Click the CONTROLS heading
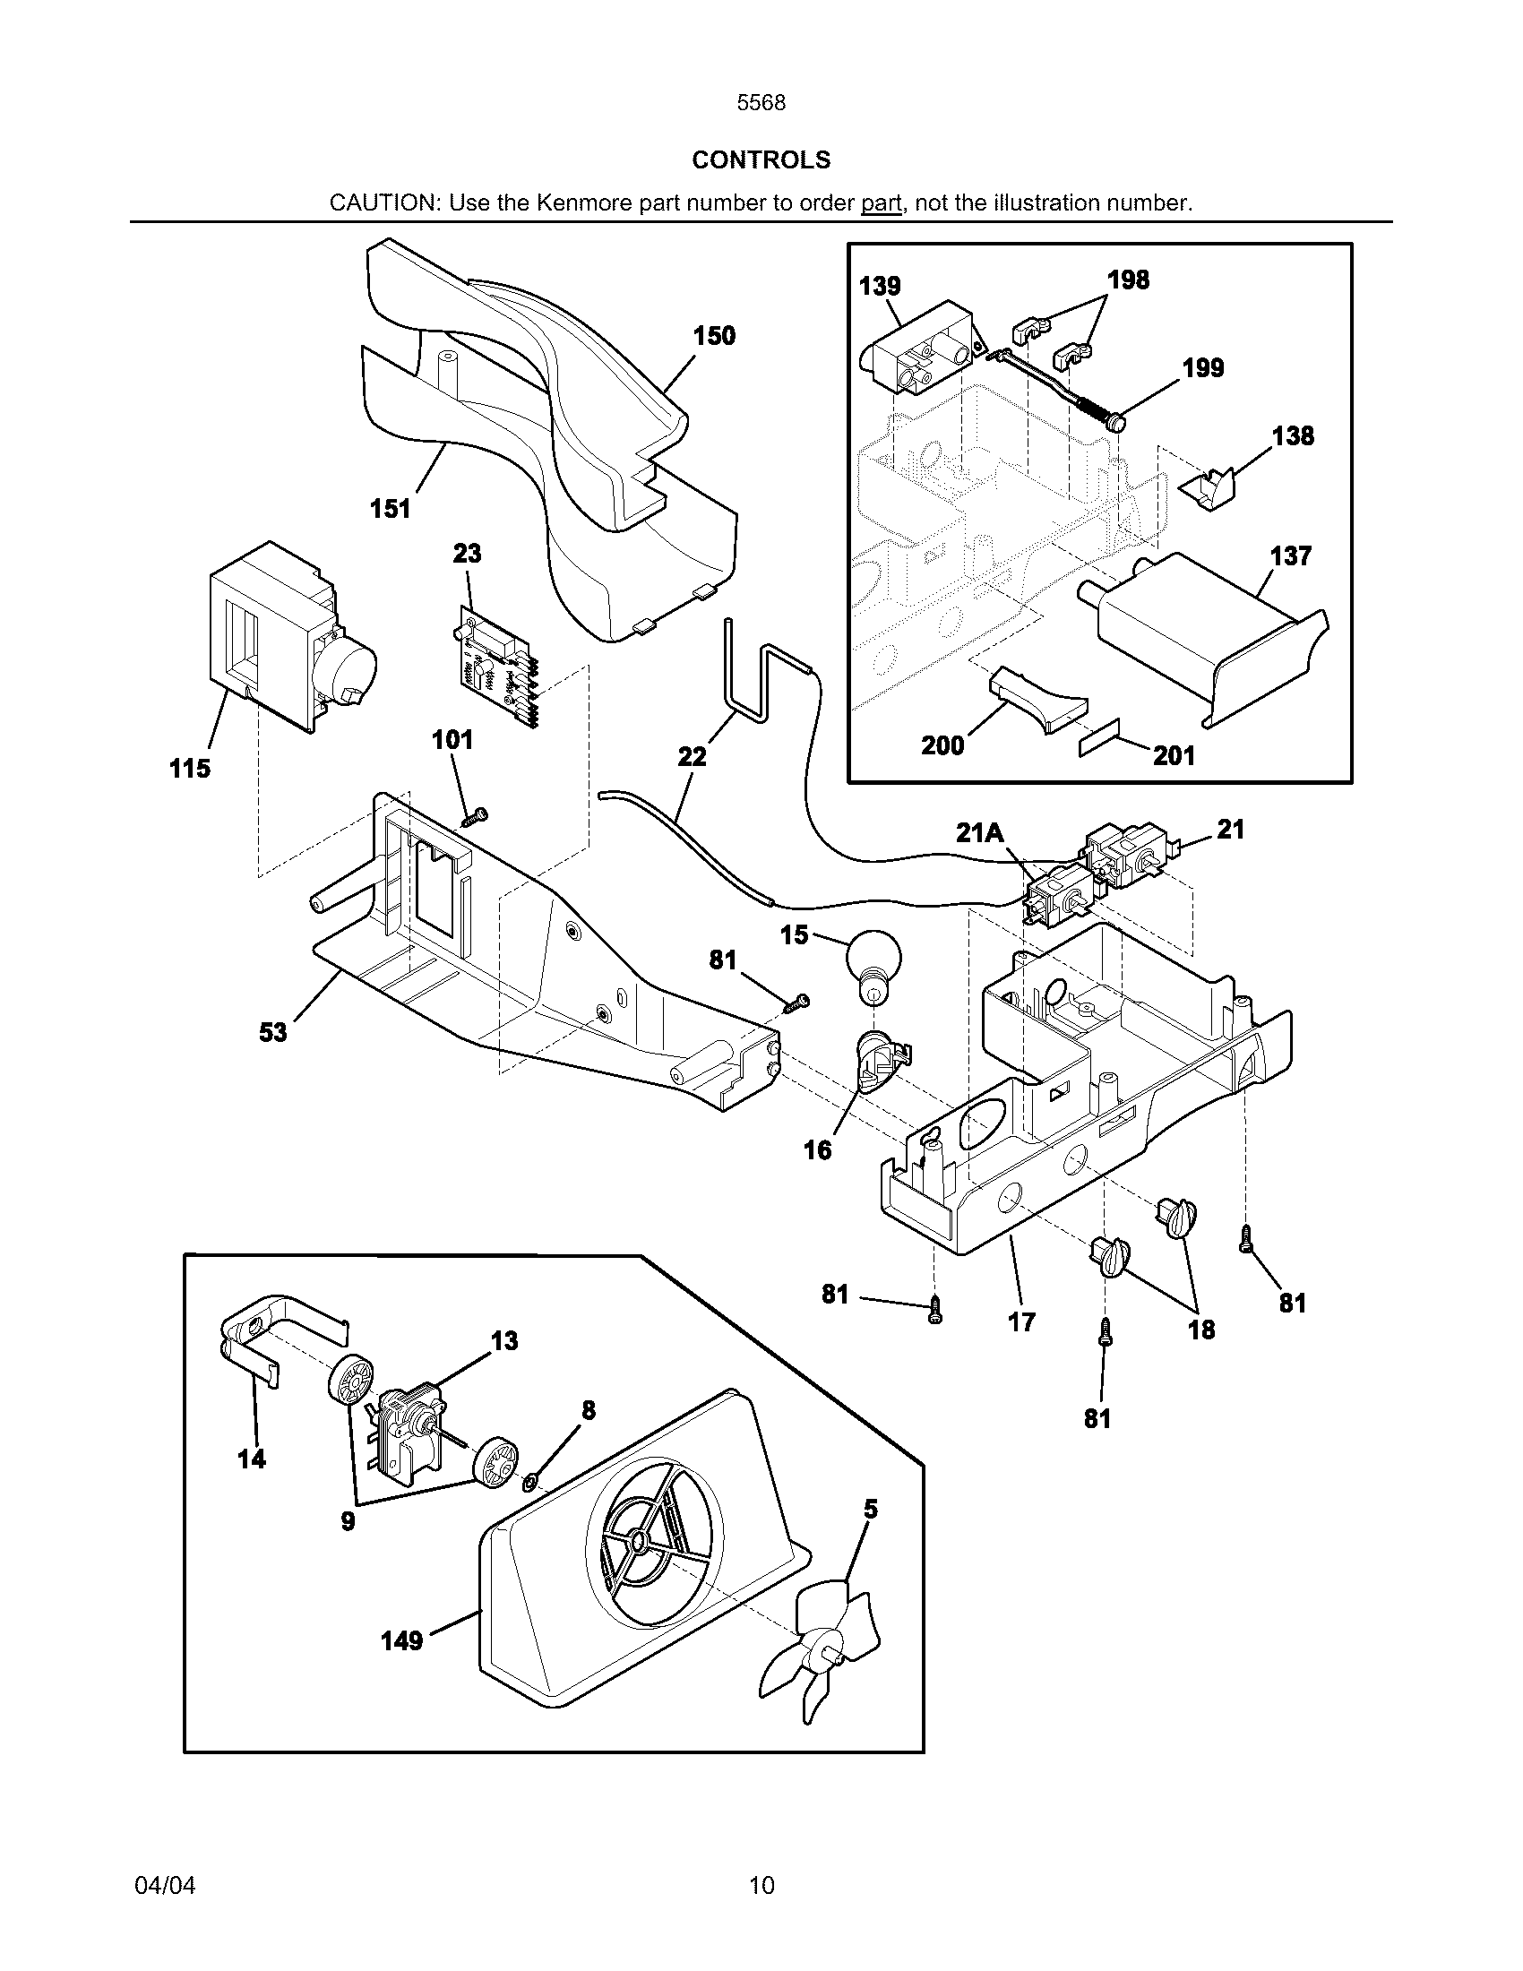[761, 159]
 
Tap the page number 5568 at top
[761, 103]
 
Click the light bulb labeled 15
[873, 964]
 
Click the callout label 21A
[980, 833]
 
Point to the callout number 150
[714, 336]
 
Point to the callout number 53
[272, 1031]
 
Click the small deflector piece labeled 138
[1210, 491]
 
